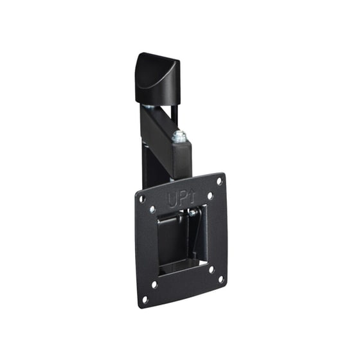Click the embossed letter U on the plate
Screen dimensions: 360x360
[x=173, y=199]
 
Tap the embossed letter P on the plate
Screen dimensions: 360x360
[x=183, y=199]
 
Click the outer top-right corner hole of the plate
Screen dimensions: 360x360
[x=219, y=181]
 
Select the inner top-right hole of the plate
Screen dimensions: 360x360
[x=210, y=195]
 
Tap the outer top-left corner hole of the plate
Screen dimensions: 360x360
[x=142, y=199]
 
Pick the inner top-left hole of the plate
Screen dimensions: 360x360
[x=152, y=209]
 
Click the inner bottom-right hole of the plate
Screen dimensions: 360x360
[x=212, y=269]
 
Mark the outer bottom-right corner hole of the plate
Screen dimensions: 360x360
[x=221, y=279]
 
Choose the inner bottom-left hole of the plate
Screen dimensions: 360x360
[x=154, y=284]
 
